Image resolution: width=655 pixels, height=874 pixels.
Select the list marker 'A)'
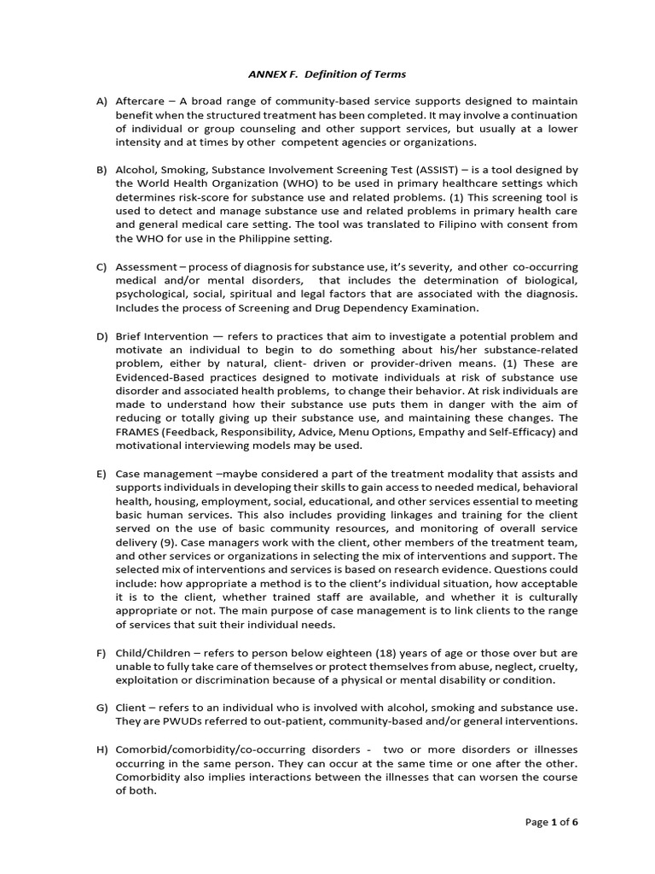[101, 101]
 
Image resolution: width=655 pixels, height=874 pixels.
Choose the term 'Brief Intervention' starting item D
[165, 336]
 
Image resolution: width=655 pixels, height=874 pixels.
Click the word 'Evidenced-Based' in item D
[159, 377]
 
